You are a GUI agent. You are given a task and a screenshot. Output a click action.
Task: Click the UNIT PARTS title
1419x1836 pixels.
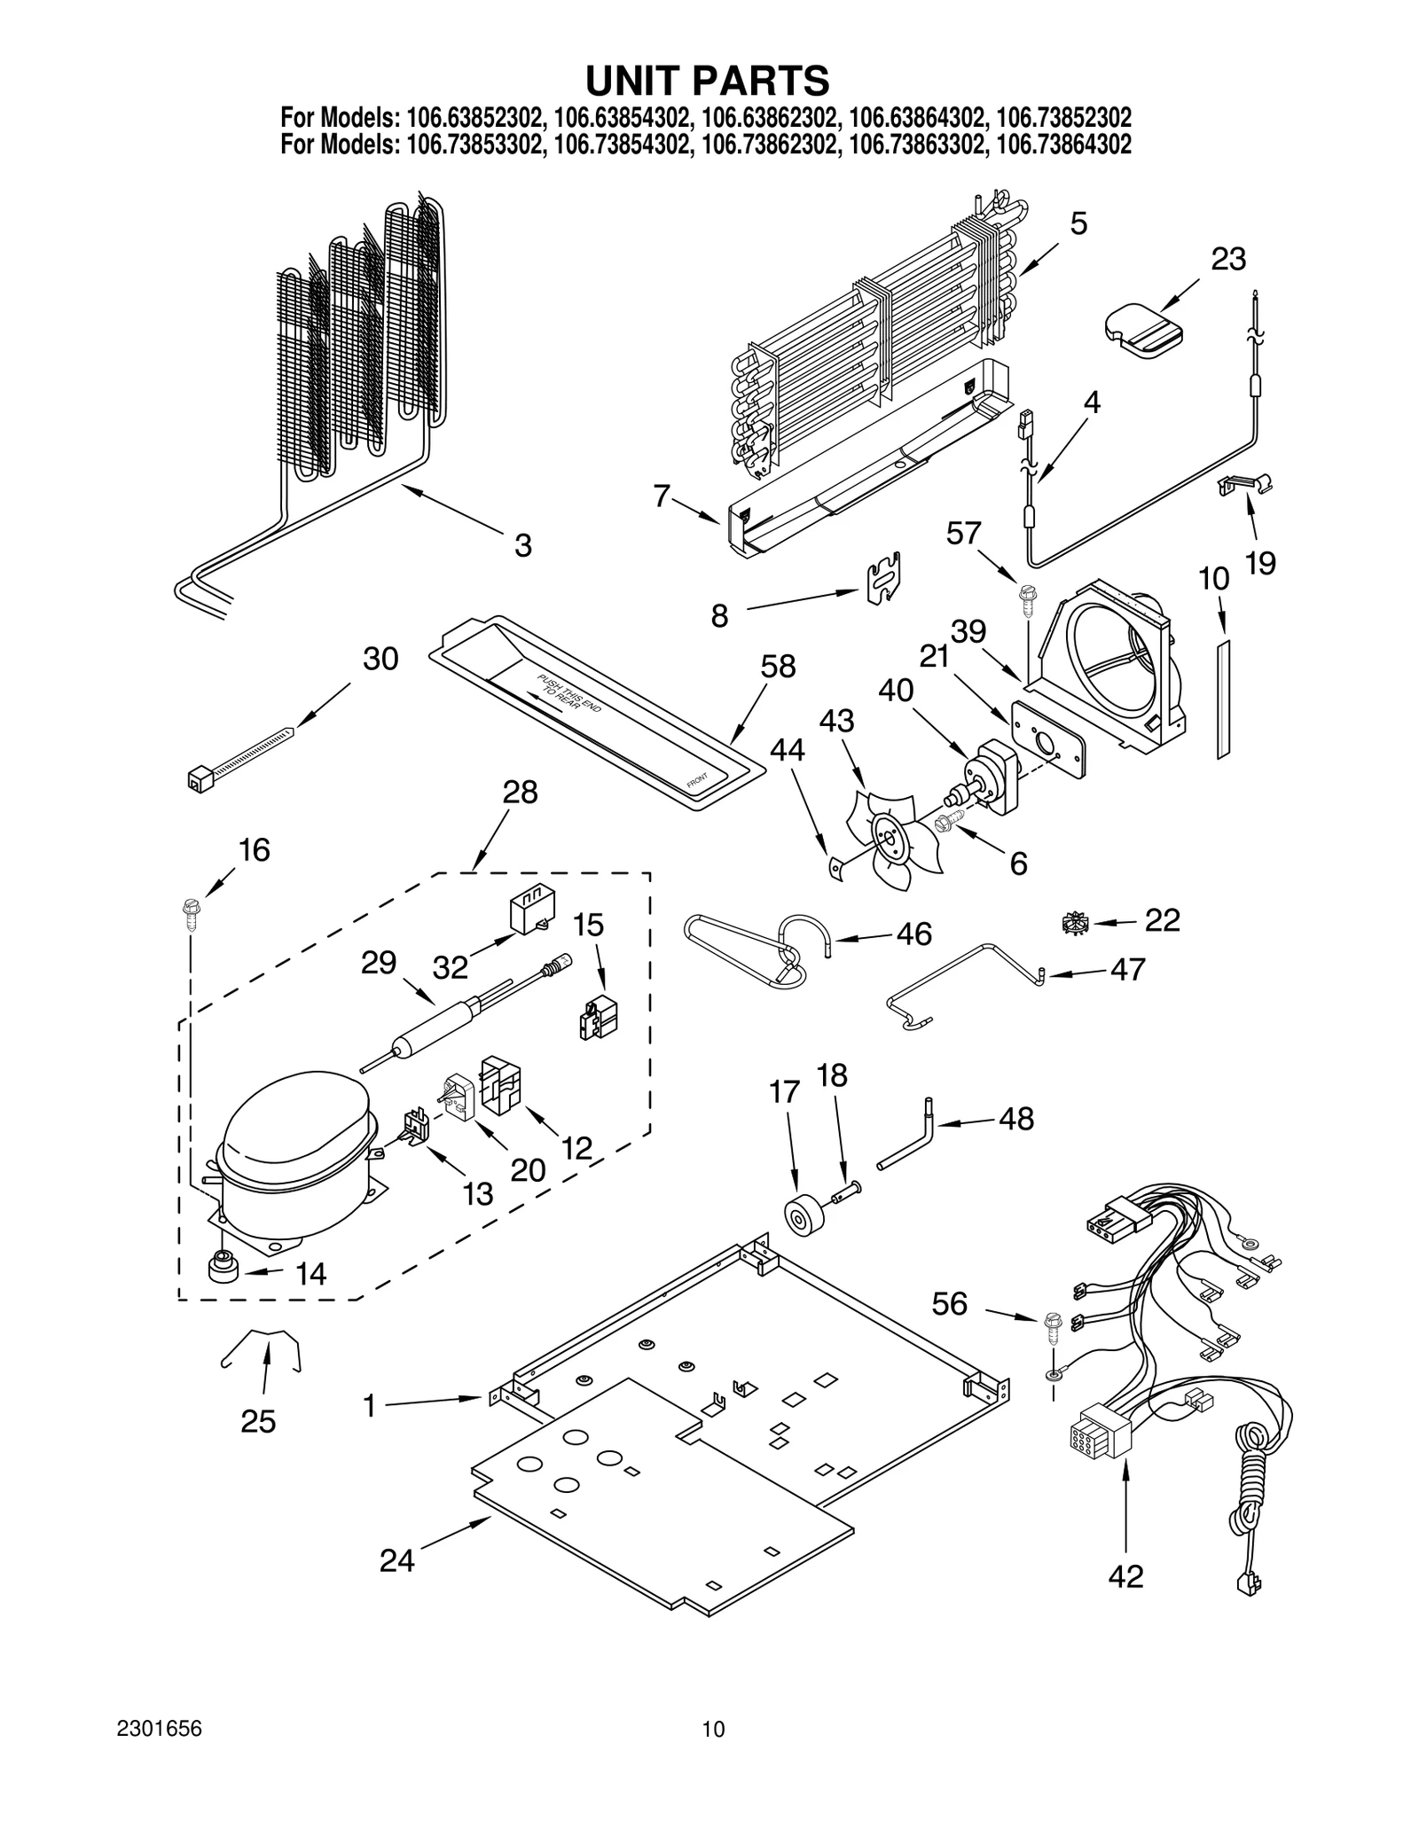click(x=707, y=80)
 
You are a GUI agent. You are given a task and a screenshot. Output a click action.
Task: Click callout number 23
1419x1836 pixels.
click(x=1227, y=259)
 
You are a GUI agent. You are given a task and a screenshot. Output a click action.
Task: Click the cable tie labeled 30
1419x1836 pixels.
click(x=239, y=752)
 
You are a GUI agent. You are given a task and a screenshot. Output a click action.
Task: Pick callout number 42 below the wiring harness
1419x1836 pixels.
click(x=1125, y=1575)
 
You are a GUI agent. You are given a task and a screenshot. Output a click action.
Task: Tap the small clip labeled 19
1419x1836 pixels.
click(x=1244, y=483)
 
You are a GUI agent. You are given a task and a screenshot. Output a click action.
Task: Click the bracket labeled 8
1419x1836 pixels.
click(x=884, y=577)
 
